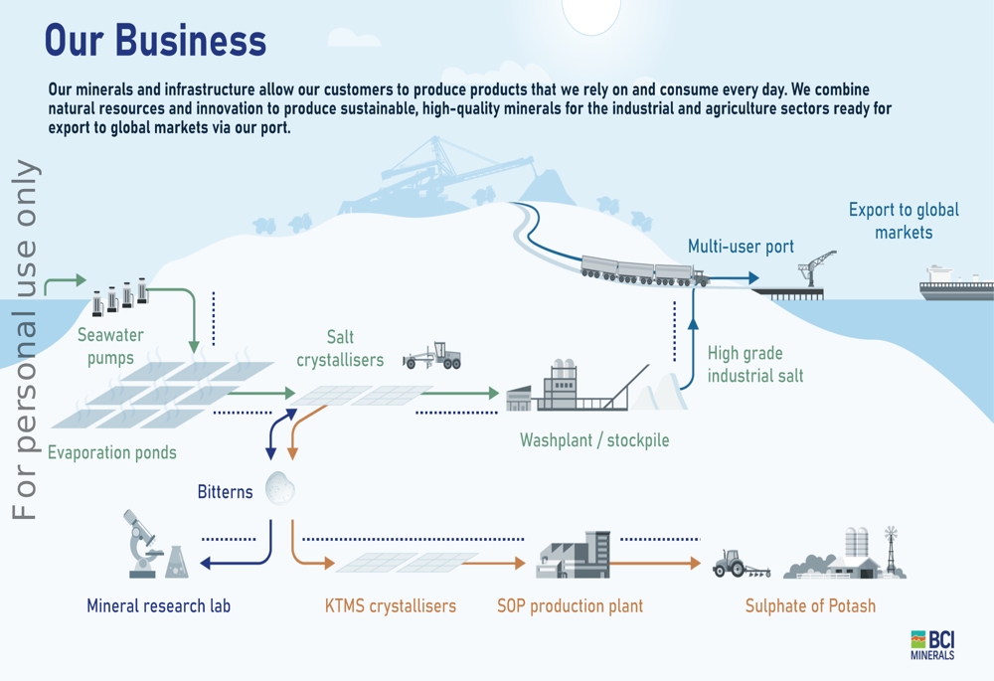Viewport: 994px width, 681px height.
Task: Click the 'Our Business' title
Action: (156, 41)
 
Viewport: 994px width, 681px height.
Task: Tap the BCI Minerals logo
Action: (931, 644)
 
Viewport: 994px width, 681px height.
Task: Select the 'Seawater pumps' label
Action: (110, 347)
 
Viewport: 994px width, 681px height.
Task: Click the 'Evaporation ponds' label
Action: (112, 453)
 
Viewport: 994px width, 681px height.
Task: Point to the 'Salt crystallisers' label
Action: (340, 349)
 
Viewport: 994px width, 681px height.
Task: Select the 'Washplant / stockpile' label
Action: (594, 439)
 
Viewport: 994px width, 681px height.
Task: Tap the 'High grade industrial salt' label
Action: (754, 365)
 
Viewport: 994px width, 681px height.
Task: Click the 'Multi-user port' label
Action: (741, 247)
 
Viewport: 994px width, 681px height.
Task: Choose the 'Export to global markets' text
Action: (904, 221)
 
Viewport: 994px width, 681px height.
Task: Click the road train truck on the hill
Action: (644, 271)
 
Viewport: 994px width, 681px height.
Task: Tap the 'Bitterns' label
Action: (225, 492)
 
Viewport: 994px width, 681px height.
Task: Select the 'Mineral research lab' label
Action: (159, 605)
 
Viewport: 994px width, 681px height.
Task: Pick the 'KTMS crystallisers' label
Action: (391, 605)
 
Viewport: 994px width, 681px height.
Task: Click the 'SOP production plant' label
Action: (570, 605)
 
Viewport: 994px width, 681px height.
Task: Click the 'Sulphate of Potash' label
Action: (810, 605)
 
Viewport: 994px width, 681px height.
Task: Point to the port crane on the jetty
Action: (819, 268)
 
